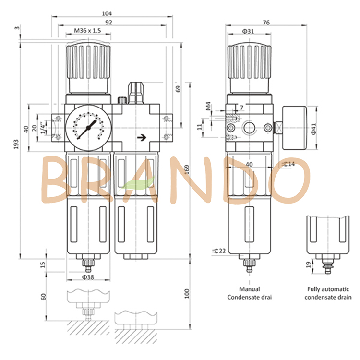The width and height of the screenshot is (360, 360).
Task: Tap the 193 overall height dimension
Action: point(16,144)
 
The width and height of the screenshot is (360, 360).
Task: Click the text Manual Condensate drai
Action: point(250,293)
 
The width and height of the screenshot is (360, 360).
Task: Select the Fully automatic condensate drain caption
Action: point(328,293)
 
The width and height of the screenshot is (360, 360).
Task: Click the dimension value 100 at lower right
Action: point(187,294)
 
